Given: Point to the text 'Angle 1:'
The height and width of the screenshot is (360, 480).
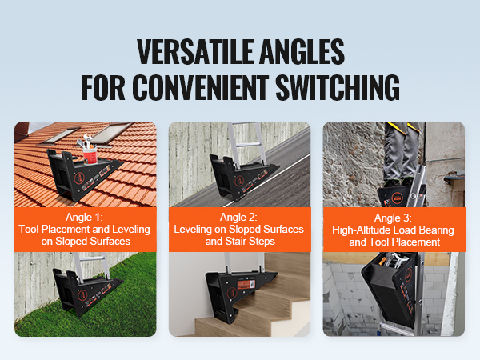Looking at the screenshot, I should click(85, 217).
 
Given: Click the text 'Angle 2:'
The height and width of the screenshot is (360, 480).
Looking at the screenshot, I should click(239, 217).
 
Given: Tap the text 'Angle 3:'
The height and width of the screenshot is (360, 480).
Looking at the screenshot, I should click(393, 217).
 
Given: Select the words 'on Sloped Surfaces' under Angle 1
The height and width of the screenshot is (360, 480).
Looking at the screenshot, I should click(85, 241).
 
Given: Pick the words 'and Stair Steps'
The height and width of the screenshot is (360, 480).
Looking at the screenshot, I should click(239, 241).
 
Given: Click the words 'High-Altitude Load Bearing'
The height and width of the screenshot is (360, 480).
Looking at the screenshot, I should click(393, 229).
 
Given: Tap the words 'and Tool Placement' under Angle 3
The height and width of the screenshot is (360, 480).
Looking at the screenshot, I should click(393, 241).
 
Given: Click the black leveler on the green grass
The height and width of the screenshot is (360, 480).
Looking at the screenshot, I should click(84, 287).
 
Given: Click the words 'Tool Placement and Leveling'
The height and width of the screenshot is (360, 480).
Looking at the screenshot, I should click(85, 229).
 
